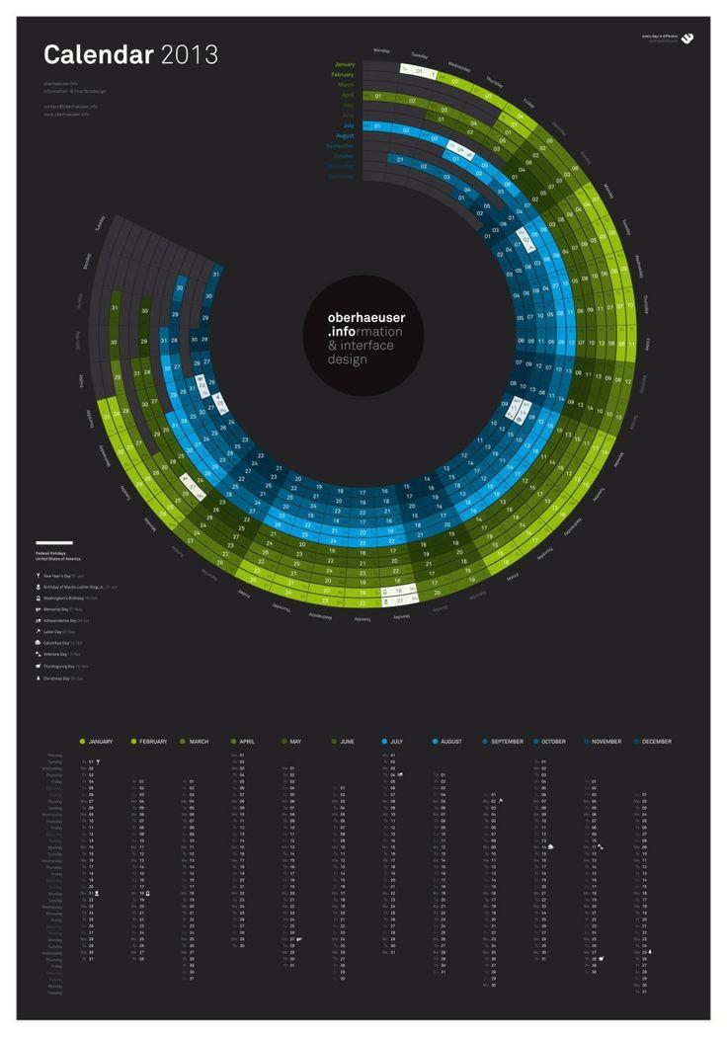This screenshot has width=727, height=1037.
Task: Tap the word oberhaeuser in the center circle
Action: (x=365, y=318)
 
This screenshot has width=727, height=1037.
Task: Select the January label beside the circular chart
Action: (x=344, y=64)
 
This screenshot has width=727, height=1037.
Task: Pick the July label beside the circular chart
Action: (x=348, y=126)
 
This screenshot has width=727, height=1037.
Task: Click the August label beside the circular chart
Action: (x=345, y=136)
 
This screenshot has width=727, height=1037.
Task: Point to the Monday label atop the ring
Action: (x=382, y=49)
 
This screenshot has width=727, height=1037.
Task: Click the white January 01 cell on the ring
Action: (x=420, y=71)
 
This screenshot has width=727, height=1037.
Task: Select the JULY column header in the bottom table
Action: (x=396, y=740)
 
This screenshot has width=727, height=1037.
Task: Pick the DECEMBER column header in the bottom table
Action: (x=656, y=740)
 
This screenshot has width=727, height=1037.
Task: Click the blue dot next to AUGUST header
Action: (x=435, y=740)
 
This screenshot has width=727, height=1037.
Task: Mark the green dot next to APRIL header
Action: (x=233, y=740)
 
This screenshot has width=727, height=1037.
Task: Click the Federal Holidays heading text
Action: (x=49, y=552)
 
